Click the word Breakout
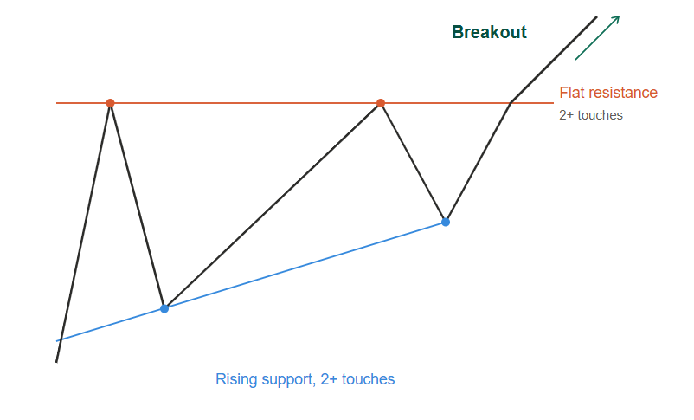point(489,32)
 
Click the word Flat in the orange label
point(571,93)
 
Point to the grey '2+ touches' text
point(591,115)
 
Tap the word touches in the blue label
point(369,379)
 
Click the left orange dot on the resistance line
point(110,103)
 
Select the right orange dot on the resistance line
point(381,103)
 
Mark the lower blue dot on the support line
point(164,309)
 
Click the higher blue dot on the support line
point(446,222)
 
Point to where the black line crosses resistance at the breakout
point(511,103)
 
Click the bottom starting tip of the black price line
point(56,362)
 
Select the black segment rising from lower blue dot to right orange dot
point(273,206)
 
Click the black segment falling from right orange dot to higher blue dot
point(413,163)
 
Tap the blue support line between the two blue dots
point(305,265)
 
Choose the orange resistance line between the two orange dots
point(245,103)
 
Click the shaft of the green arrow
point(596,38)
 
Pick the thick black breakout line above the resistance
point(554,60)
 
